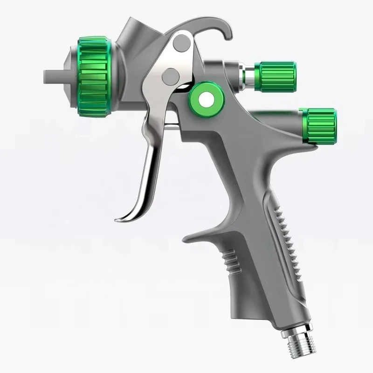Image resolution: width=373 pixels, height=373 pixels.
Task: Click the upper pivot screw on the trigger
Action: click(x=179, y=45)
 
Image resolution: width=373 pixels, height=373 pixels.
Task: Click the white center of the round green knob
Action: click(x=205, y=98)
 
